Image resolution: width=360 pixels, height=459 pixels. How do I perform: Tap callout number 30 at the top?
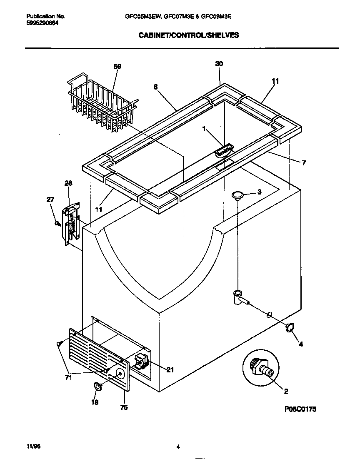point(219,64)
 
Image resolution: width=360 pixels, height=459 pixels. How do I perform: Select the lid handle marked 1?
point(225,149)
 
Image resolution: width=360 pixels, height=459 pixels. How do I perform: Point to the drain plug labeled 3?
point(237,195)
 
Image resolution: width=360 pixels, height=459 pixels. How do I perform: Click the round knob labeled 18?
point(98,387)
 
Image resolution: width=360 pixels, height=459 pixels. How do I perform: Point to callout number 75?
point(124,408)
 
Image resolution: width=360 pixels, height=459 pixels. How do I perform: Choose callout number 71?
point(68,377)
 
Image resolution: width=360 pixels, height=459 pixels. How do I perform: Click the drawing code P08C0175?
point(298,409)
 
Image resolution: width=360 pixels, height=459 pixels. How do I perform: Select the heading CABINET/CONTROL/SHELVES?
point(188,35)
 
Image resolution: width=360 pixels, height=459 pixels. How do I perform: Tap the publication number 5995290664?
point(42,23)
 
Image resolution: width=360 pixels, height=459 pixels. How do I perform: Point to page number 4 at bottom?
point(178,447)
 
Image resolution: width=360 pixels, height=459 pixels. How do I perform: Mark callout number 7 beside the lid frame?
point(304,163)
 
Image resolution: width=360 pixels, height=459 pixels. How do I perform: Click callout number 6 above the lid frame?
point(155,87)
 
